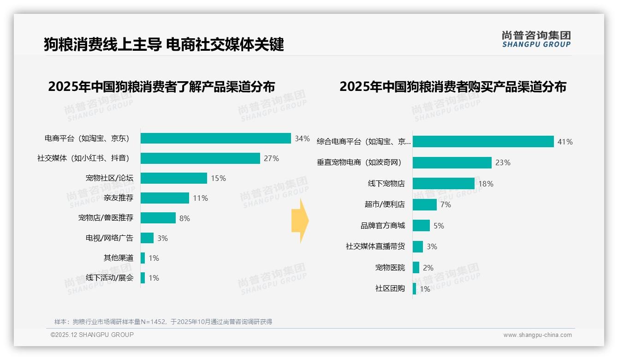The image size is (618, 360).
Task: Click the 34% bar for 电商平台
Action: (x=215, y=138)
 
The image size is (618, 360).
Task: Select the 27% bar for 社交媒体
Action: (x=200, y=158)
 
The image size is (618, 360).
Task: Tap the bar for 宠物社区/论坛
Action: (x=174, y=178)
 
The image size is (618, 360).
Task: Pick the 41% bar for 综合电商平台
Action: (x=483, y=142)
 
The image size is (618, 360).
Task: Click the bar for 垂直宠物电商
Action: (x=452, y=162)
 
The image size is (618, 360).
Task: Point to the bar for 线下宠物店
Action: (x=443, y=184)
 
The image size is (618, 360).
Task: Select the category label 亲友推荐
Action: (x=119, y=198)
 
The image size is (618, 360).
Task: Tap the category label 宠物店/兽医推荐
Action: (x=106, y=218)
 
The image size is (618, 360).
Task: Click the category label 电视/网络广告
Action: (x=109, y=238)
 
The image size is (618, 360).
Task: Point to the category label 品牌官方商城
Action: (x=383, y=226)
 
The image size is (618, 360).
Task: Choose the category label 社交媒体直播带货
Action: (x=375, y=246)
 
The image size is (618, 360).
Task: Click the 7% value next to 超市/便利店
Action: (x=446, y=204)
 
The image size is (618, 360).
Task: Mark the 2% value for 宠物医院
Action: (x=428, y=268)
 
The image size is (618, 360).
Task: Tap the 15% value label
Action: (x=218, y=178)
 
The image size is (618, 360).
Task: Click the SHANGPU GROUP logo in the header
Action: (x=536, y=39)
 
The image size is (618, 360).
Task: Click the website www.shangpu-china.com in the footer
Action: (x=537, y=335)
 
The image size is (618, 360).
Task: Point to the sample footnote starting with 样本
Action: (x=163, y=322)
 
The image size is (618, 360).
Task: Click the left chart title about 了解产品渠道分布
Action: (x=161, y=87)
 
